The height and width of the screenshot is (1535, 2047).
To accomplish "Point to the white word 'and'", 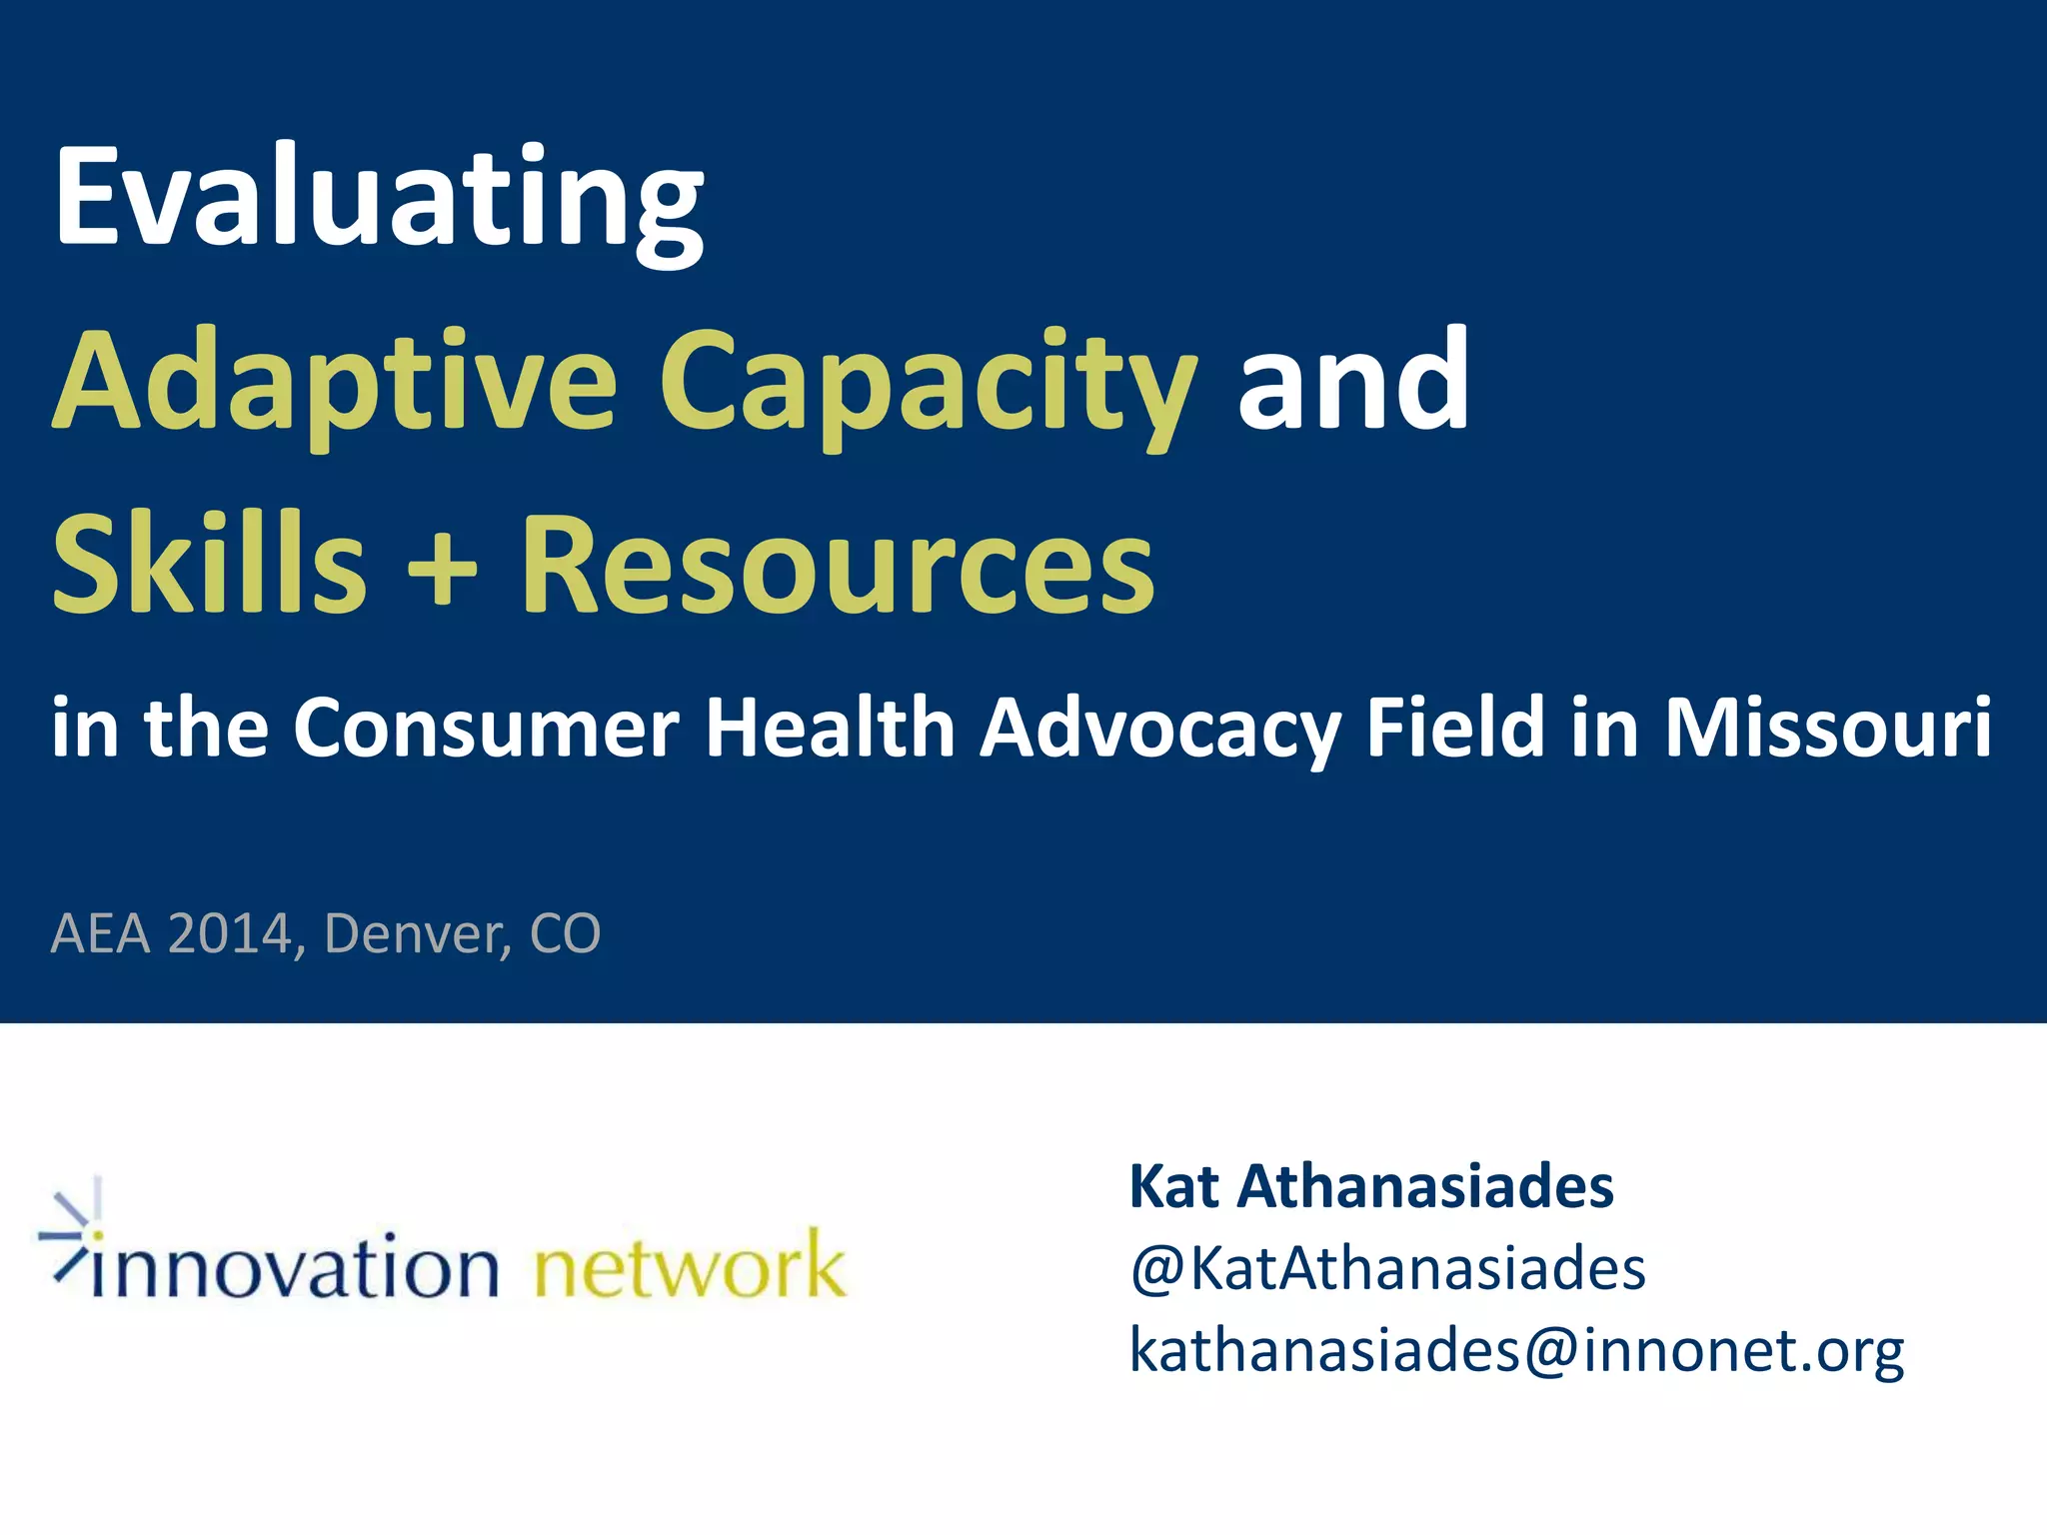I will [1353, 380].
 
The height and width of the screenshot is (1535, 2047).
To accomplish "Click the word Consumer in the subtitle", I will [486, 728].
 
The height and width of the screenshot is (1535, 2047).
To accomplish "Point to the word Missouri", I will [1828, 728].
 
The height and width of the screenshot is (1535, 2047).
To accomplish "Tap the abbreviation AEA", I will [100, 933].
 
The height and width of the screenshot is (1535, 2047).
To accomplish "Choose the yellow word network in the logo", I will [690, 1265].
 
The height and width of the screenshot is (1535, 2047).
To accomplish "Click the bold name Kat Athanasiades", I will [1371, 1187].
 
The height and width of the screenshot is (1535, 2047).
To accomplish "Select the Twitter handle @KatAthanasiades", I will [1387, 1269].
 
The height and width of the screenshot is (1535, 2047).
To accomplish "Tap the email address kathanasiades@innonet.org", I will [1516, 1351].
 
